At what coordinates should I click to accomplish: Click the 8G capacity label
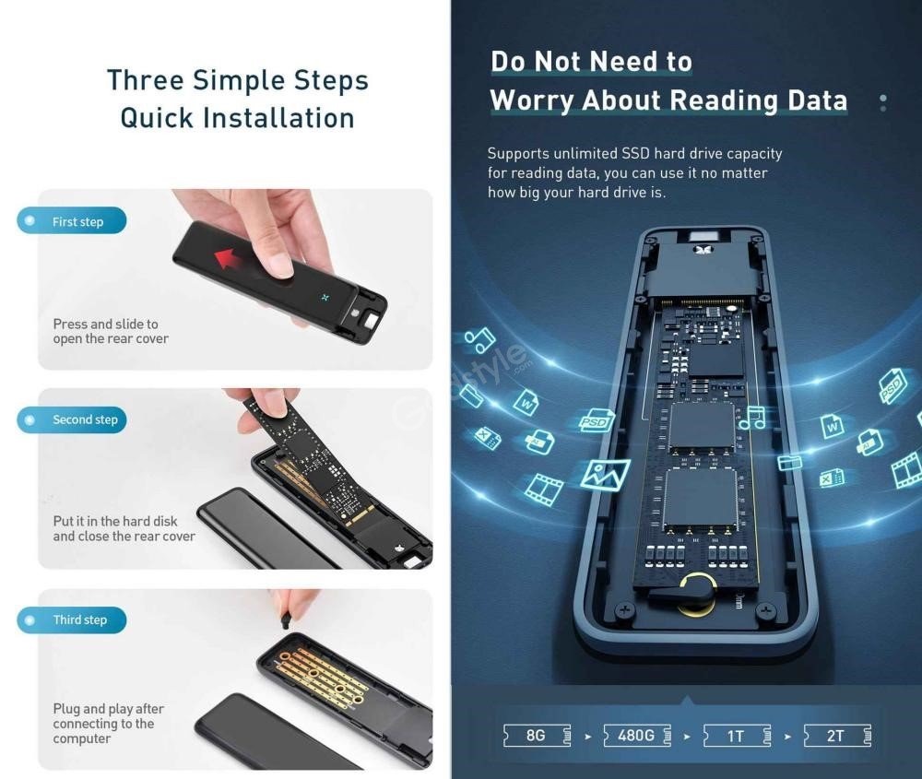click(x=536, y=735)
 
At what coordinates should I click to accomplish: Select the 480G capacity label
click(x=636, y=735)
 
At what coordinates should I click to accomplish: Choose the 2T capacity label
click(x=836, y=735)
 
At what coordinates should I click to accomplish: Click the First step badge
click(x=73, y=221)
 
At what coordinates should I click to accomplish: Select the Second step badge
click(x=73, y=419)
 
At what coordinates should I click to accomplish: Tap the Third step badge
click(x=73, y=620)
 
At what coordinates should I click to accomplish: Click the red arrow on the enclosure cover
click(x=236, y=260)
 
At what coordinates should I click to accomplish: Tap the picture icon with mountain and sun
click(x=606, y=474)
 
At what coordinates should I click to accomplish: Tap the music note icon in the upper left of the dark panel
click(x=479, y=340)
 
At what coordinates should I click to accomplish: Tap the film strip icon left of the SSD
click(x=543, y=489)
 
